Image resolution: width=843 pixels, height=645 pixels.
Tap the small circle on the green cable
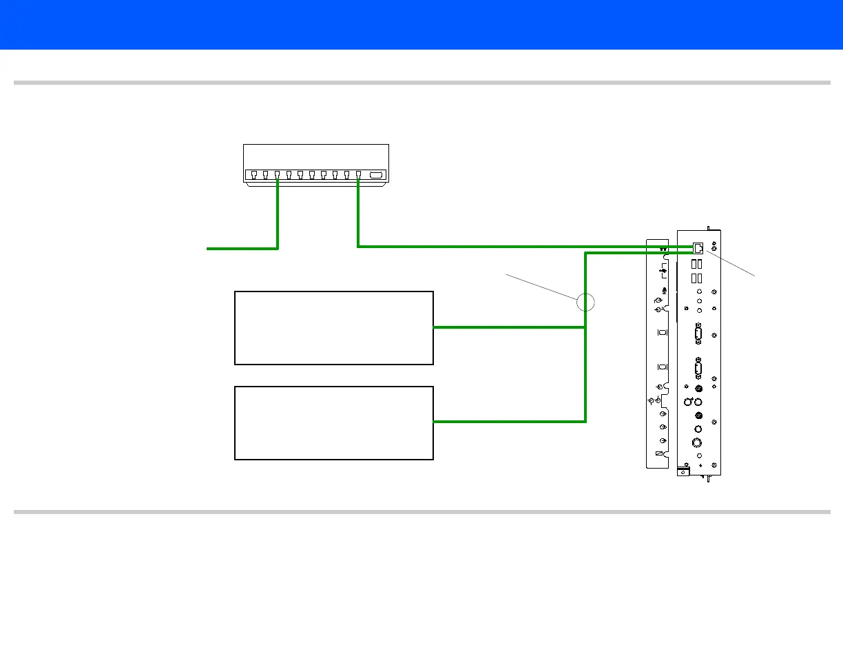(585, 302)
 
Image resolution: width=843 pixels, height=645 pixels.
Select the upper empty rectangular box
(334, 327)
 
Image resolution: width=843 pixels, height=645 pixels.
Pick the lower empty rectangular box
(334, 422)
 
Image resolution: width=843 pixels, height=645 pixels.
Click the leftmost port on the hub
(254, 175)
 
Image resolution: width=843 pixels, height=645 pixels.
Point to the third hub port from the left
(277, 175)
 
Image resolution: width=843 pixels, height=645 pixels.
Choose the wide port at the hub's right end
(377, 175)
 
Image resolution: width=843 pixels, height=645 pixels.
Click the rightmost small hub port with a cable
(358, 175)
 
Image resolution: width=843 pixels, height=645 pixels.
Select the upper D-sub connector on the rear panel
(698, 336)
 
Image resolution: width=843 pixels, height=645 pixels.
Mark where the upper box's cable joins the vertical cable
(585, 327)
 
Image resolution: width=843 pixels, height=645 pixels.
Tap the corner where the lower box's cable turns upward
(585, 421)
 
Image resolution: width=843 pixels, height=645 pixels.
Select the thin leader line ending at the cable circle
(541, 287)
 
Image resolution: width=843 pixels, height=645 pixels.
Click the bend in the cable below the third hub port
(277, 248)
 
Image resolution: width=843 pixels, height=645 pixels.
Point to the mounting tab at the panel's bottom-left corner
(683, 471)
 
